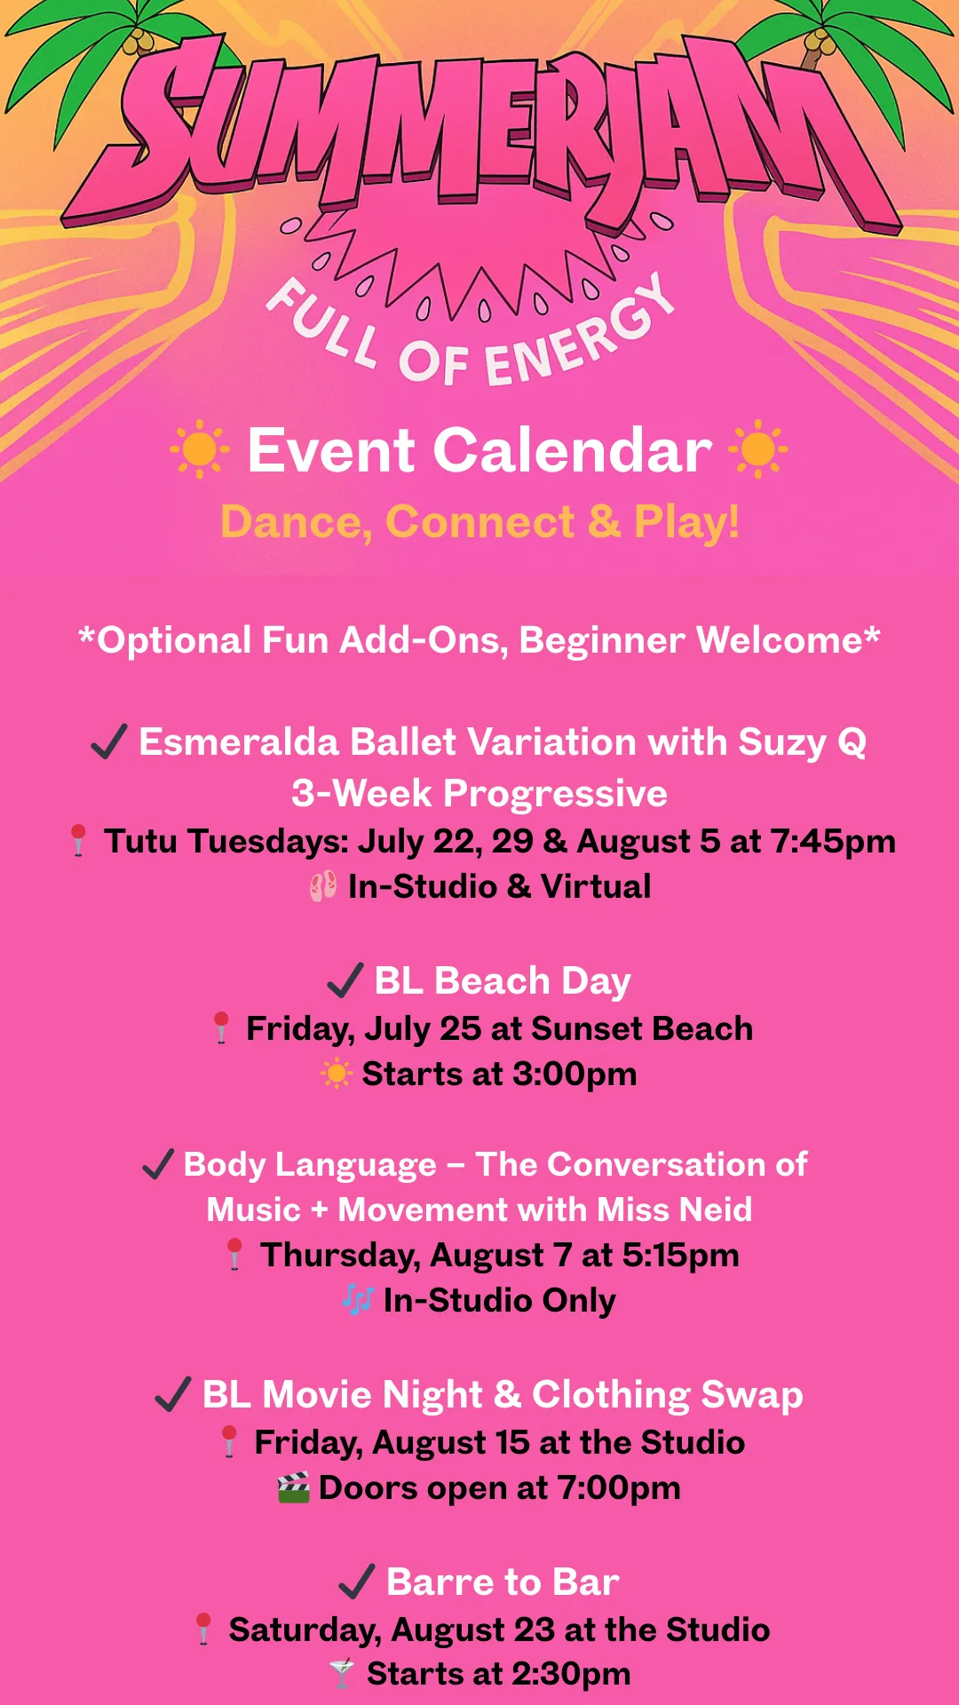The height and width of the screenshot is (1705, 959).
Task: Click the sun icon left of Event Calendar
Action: click(x=199, y=448)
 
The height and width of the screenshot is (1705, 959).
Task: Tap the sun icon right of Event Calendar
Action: click(x=757, y=448)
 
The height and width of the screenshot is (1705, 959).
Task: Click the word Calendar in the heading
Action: click(x=573, y=450)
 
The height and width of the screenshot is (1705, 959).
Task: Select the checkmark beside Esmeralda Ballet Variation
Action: click(x=109, y=741)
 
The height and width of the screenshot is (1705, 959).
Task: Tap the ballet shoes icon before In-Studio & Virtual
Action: click(x=323, y=886)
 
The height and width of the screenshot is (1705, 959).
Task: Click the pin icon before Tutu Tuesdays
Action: click(x=78, y=840)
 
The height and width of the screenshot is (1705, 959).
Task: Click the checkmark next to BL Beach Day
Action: click(x=345, y=980)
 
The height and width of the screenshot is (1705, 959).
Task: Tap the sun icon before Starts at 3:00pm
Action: click(x=337, y=1074)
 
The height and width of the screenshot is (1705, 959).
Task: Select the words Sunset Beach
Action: click(x=642, y=1028)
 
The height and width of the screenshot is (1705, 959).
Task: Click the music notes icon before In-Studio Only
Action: click(x=358, y=1300)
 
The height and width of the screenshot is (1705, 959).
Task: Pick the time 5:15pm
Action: click(x=681, y=1256)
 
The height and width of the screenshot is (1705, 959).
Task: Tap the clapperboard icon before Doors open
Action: click(x=294, y=1487)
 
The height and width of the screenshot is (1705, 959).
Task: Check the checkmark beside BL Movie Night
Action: click(x=173, y=1394)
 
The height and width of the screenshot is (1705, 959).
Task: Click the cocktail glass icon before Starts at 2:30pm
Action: click(x=342, y=1673)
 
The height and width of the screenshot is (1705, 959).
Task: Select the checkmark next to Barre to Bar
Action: click(x=357, y=1582)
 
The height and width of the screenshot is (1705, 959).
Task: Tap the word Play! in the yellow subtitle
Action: click(x=686, y=522)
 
